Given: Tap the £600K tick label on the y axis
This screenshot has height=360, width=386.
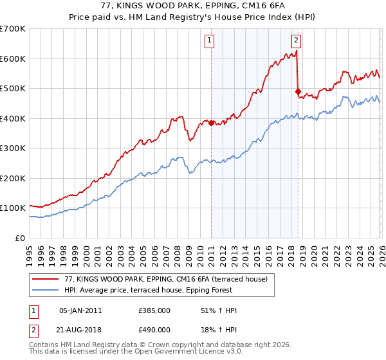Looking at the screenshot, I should point(13,59).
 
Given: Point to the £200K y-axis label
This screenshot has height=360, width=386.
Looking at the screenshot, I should point(13,178).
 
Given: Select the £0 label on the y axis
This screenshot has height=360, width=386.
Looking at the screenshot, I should point(19,238).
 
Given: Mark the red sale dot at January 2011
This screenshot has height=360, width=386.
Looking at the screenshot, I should point(211,123).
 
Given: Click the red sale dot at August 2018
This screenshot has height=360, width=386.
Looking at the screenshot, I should point(297,91).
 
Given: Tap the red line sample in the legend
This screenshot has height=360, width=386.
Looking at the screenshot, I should point(46,279).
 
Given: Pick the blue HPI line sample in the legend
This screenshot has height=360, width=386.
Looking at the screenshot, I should point(46,290).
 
